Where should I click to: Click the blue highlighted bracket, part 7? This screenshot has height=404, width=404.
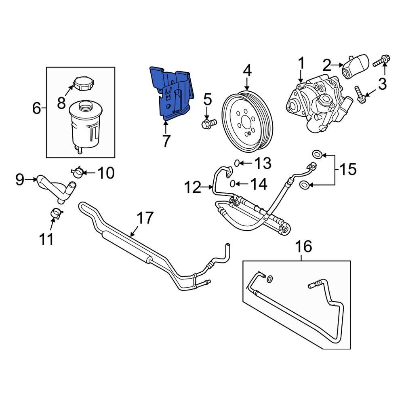[172, 93]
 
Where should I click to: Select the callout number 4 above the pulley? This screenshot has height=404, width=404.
[247, 72]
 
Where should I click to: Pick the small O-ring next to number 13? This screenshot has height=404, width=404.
[237, 163]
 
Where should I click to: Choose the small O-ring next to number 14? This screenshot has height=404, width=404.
[233, 184]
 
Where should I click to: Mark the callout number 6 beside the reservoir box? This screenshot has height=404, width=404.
[37, 108]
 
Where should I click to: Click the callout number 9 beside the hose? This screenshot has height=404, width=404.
[20, 179]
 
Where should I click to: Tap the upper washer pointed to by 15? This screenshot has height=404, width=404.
[318, 154]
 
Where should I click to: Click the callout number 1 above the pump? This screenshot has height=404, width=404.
[301, 63]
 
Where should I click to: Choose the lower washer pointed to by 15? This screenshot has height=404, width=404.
[305, 185]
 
